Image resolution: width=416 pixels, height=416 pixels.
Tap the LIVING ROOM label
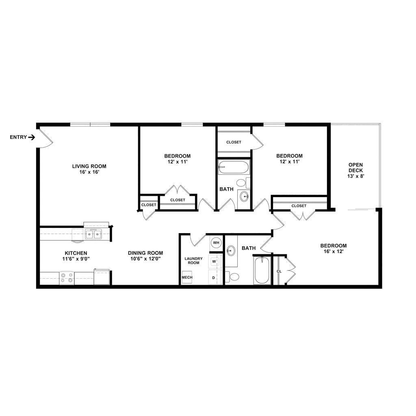pos(89,166)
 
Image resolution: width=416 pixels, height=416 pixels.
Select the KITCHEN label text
pos(76,253)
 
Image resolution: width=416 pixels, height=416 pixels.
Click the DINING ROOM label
pos(145,253)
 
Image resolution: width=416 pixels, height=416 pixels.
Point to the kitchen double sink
pos(93,234)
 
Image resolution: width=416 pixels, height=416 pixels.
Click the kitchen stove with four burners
pos(67,278)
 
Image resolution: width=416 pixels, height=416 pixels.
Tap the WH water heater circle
pos(216,243)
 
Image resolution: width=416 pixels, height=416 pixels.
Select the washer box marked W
pos(214,262)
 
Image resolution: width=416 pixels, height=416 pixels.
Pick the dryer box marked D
pos(214,277)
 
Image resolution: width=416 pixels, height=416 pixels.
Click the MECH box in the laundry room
pos(187,277)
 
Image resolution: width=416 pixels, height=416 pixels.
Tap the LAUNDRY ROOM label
pos(193,260)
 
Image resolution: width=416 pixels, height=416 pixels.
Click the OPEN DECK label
pos(355,167)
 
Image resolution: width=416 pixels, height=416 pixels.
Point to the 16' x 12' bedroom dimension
pos(334,252)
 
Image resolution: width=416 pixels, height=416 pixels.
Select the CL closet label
pos(279,271)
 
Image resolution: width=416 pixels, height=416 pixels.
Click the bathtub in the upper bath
pos(234,167)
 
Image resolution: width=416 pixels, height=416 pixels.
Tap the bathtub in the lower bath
pos(262,270)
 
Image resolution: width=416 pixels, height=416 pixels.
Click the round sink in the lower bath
pos(231,250)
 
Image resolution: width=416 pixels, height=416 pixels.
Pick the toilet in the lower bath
pos(233,277)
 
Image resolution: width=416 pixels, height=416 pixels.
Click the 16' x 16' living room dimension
pos(89,172)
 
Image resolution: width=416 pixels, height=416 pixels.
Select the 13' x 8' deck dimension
pos(355,176)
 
